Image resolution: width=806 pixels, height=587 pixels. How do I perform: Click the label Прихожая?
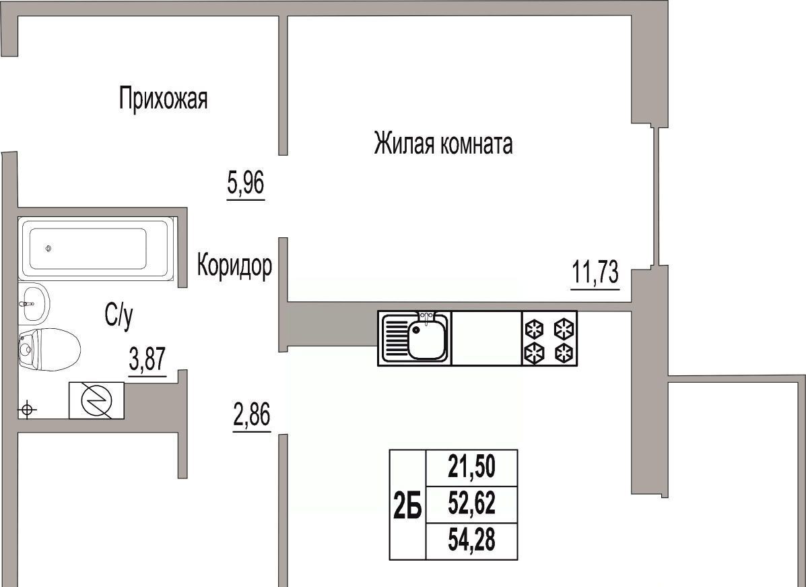click(163, 98)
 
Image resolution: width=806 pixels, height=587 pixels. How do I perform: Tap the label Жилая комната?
click(443, 144)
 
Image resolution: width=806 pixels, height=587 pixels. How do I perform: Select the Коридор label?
click(235, 266)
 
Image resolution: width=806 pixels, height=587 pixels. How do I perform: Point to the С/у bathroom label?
click(119, 315)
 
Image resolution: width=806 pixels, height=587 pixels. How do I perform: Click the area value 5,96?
click(246, 184)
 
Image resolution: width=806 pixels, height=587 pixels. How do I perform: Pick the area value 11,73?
click(595, 273)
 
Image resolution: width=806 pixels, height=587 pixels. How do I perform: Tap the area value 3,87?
click(147, 360)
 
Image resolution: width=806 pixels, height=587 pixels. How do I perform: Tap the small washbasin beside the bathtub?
click(34, 303)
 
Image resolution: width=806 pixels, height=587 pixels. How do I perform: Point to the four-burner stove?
click(549, 338)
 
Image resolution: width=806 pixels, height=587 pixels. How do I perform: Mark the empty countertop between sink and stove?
click(487, 338)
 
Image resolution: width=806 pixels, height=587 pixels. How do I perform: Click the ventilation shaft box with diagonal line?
click(97, 401)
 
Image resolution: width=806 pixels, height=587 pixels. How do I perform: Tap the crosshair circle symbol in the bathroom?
click(27, 410)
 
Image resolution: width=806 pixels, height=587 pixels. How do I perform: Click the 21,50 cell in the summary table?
click(471, 467)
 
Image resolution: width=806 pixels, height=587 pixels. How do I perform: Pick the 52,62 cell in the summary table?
click(471, 504)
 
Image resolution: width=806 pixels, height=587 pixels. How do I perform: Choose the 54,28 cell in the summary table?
click(471, 540)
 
